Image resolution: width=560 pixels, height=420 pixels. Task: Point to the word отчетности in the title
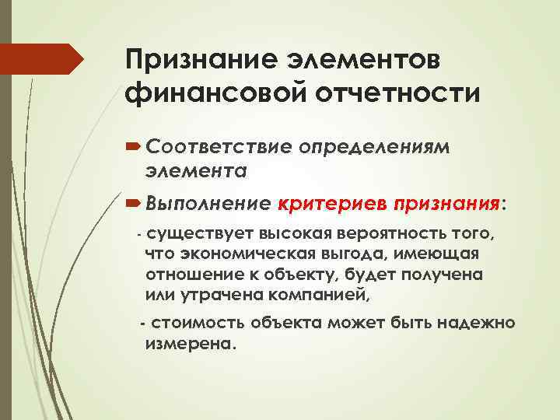[x=397, y=93]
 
